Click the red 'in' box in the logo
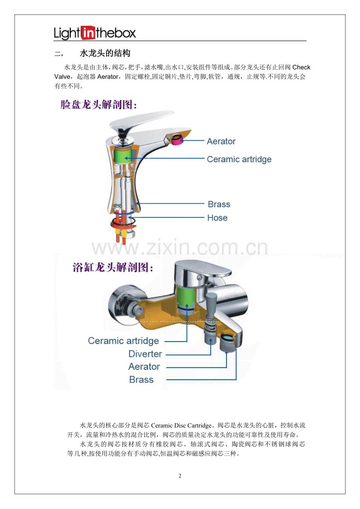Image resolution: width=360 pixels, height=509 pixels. pyautogui.click(x=88, y=33)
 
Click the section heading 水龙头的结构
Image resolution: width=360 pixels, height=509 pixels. pyautogui.click(x=105, y=54)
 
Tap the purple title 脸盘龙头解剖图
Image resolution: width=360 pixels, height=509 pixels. pyautogui.click(x=99, y=105)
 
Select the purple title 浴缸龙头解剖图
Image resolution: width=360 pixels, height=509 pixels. pyautogui.click(x=113, y=267)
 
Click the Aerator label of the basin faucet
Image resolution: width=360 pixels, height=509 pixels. pyautogui.click(x=221, y=142)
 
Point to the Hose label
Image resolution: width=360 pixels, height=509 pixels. pyautogui.click(x=217, y=218)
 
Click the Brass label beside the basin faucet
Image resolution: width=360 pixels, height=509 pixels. pyautogui.click(x=219, y=204)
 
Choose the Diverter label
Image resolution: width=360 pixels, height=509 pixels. pyautogui.click(x=145, y=354)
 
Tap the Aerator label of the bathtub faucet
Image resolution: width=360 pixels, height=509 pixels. pyautogui.click(x=144, y=367)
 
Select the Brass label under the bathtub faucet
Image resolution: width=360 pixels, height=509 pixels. pyautogui.click(x=141, y=380)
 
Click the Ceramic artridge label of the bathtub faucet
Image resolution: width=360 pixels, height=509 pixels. pyautogui.click(x=124, y=341)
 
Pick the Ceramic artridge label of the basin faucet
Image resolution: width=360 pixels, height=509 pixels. pyautogui.click(x=239, y=159)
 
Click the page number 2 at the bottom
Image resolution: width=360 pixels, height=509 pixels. pyautogui.click(x=180, y=476)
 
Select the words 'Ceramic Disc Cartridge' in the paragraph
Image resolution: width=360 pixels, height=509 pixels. pyautogui.click(x=181, y=425)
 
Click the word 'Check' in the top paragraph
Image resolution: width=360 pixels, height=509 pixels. pyautogui.click(x=301, y=67)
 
